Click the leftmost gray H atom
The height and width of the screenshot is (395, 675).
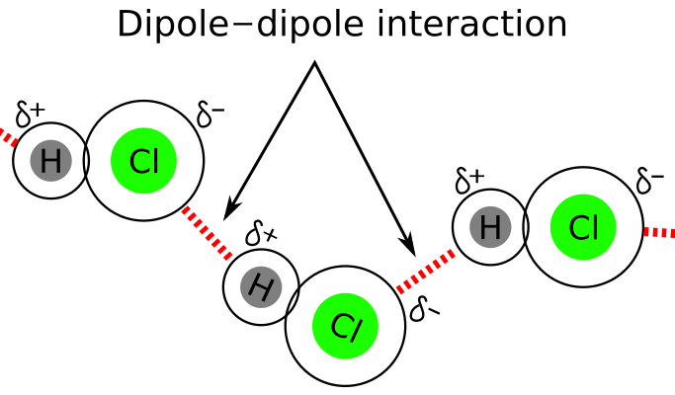click(x=50, y=160)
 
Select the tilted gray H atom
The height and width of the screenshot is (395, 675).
click(x=261, y=286)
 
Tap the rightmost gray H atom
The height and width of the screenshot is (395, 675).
click(x=490, y=227)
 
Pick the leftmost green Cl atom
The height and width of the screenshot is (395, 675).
click(x=144, y=161)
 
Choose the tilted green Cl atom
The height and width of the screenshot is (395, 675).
click(x=345, y=326)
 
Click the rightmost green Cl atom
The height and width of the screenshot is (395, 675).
click(x=583, y=227)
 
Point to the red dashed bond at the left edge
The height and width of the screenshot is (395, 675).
click(x=8, y=136)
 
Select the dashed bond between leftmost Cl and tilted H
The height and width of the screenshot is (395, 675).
click(x=207, y=233)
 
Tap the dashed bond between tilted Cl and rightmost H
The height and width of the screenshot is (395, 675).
click(x=426, y=272)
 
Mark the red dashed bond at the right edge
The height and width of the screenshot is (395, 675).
click(x=659, y=232)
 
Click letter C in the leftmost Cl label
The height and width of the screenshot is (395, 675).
click(x=138, y=162)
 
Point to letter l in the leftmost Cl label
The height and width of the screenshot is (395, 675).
click(x=155, y=161)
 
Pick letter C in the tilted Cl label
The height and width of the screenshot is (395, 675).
click(x=339, y=324)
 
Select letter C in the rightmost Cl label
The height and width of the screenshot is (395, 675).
click(x=578, y=228)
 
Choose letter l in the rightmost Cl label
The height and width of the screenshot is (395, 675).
click(x=595, y=227)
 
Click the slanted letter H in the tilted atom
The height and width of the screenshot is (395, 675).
click(x=261, y=286)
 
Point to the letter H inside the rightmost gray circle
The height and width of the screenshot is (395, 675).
click(x=490, y=227)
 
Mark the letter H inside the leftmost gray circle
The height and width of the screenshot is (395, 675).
click(x=50, y=160)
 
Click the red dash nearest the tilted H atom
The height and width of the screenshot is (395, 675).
click(x=228, y=257)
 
